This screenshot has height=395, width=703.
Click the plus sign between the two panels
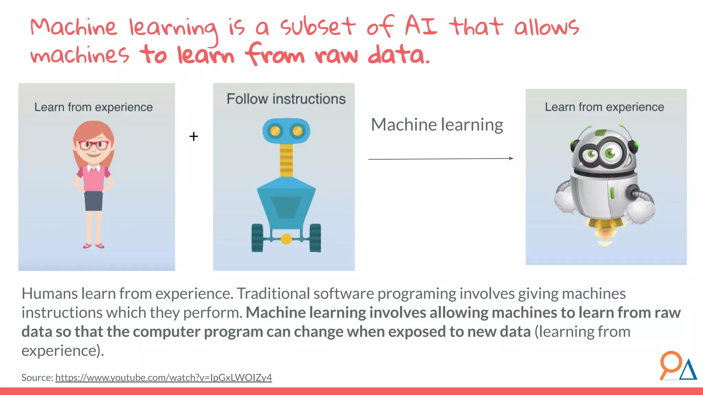tap(194, 136)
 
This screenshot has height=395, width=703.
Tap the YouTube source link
tap(163, 378)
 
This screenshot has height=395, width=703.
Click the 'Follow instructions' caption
tap(286, 99)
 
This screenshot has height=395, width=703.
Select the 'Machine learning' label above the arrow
tap(437, 124)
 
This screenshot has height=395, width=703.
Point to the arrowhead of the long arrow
tap(511, 158)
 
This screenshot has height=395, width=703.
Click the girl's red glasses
tap(94, 145)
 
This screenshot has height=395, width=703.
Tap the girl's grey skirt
tap(93, 201)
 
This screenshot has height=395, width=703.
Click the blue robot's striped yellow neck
tap(286, 160)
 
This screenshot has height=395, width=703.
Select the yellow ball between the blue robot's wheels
tap(286, 239)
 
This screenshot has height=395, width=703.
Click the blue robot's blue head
tap(286, 131)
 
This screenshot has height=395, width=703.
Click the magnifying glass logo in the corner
tap(670, 364)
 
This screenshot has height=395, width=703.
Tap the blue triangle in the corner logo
tap(688, 370)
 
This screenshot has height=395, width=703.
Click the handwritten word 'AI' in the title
tap(421, 26)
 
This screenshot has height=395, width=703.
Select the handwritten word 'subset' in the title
tap(318, 27)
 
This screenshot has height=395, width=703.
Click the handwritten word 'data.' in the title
tap(399, 55)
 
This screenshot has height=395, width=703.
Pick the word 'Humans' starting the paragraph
tap(50, 294)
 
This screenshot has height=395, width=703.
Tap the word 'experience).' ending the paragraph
tap(62, 351)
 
